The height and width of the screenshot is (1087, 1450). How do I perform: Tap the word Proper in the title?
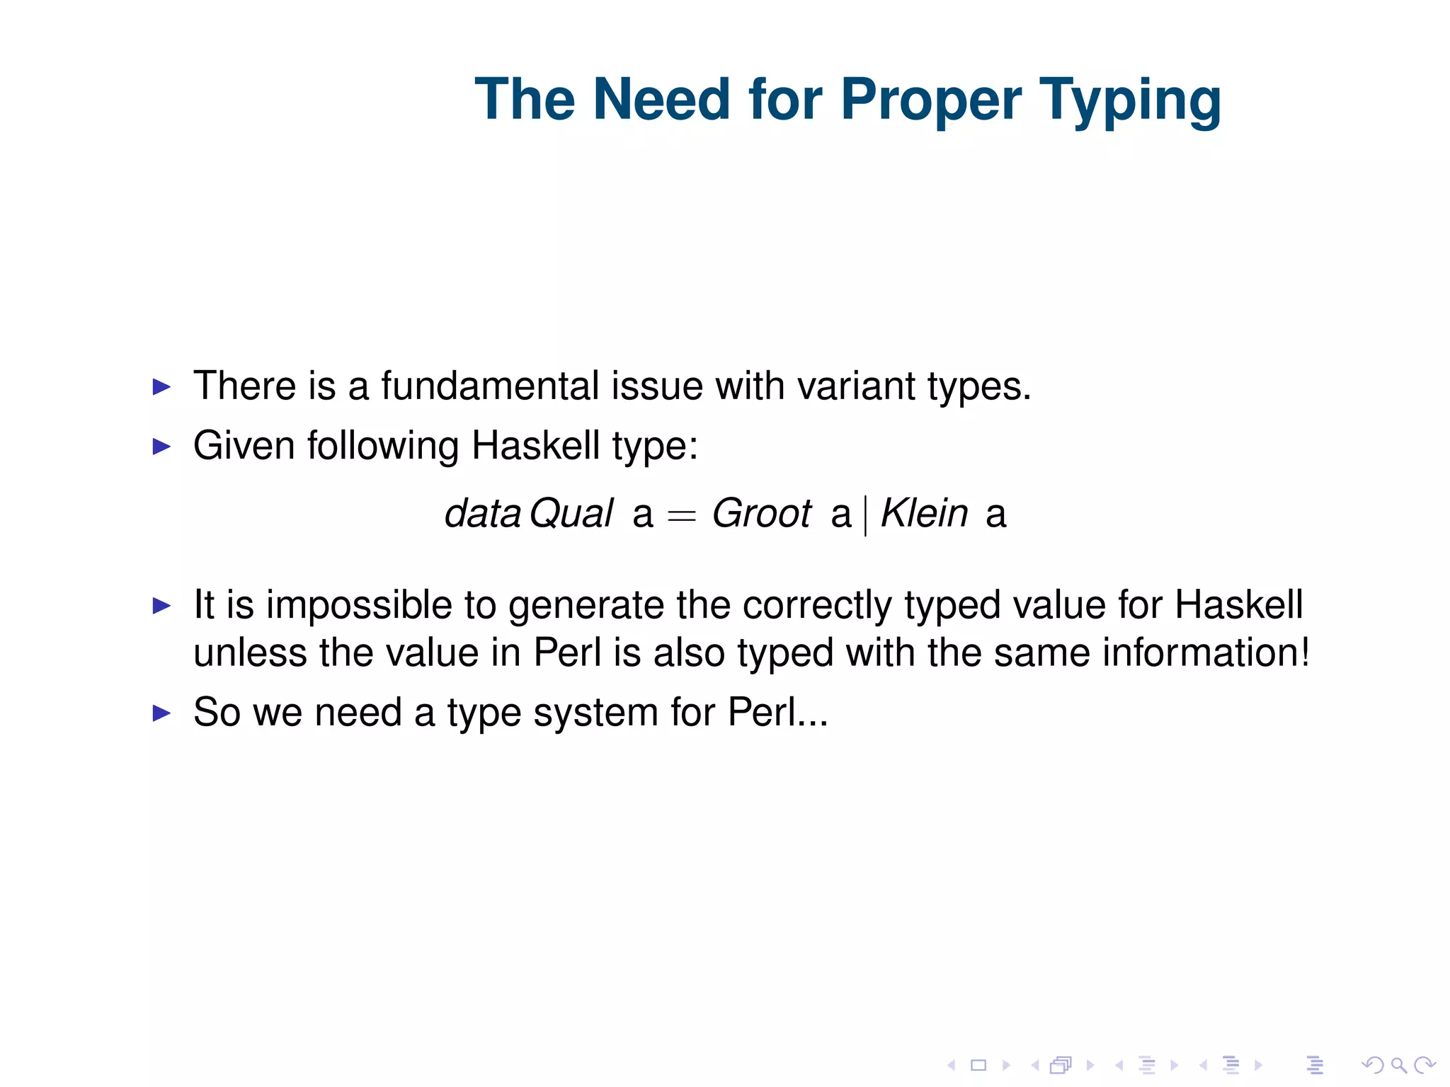(930, 100)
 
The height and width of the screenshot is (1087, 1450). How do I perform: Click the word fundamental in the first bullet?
(490, 386)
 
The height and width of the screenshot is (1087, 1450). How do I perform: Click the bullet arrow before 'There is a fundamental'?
(162, 387)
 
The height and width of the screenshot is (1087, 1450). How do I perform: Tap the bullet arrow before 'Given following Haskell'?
(162, 447)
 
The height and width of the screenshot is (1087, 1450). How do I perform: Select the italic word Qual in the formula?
(571, 514)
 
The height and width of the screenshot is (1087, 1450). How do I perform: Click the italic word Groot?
(761, 513)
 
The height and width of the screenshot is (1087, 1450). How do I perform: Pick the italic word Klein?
(924, 513)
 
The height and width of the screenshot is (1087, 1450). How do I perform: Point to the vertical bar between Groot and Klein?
(865, 515)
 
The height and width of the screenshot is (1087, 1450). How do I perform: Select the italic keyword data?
(483, 514)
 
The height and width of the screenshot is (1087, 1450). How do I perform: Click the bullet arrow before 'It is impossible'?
(162, 606)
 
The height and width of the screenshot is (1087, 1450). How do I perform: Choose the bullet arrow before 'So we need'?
(162, 713)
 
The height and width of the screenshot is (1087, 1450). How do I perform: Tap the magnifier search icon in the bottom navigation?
(1398, 1065)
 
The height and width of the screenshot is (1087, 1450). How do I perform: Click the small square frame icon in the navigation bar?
(978, 1065)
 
